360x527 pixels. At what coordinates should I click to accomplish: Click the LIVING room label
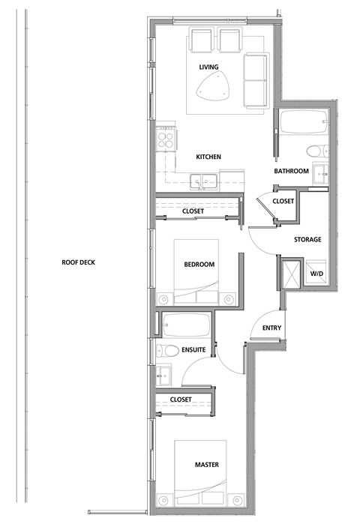208,67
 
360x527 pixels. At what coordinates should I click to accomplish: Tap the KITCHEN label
208,157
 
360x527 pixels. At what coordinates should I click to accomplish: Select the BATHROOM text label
291,171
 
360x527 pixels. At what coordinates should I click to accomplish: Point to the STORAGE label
307,240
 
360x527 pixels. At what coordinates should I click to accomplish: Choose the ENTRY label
271,328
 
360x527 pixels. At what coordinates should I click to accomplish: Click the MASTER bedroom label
206,466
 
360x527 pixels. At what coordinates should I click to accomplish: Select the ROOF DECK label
79,262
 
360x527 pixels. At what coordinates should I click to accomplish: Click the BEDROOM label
199,264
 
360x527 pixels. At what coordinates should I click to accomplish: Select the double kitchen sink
203,180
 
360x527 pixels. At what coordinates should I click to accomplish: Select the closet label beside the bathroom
283,201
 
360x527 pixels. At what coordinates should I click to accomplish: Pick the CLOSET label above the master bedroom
181,399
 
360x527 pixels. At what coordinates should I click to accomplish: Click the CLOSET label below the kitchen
193,211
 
